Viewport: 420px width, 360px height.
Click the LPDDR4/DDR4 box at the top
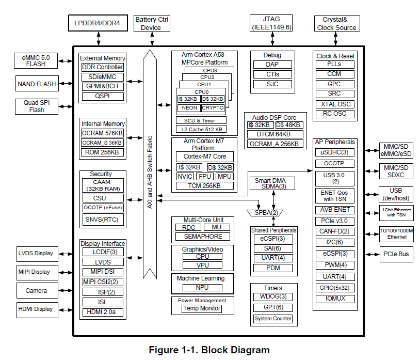coord(98,23)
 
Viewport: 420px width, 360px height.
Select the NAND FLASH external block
coord(37,84)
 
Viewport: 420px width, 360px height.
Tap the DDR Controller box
coord(103,67)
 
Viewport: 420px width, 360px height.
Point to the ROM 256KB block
coord(103,152)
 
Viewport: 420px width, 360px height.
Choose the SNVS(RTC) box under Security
coord(103,220)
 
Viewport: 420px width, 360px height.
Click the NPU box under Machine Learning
coord(202,288)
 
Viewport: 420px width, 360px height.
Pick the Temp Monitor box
coord(202,308)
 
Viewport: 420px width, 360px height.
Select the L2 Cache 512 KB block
coord(202,129)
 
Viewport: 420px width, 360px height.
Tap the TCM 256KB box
coord(204,185)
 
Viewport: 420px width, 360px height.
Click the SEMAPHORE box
coord(202,236)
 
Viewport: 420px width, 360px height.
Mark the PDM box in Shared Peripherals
coord(273,268)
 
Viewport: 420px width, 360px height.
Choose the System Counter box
coord(273,319)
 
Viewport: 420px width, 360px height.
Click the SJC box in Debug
coord(272,84)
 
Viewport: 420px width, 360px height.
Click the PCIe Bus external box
coord(396,254)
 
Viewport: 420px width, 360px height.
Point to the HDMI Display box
coord(36,309)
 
